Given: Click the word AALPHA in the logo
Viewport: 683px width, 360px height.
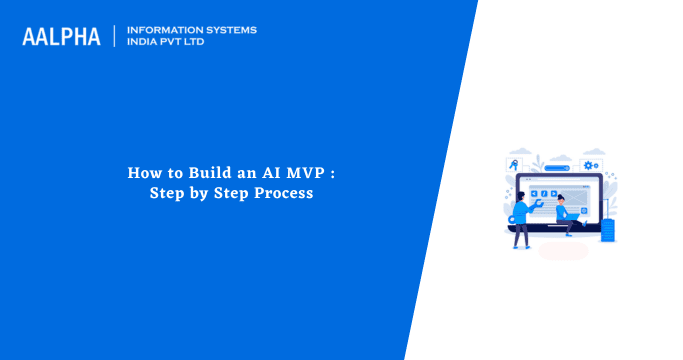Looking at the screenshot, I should coord(61,36).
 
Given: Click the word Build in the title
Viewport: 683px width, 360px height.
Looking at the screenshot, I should coord(198,173).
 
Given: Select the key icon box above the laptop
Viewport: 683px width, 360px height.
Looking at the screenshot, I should coord(513,163).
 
